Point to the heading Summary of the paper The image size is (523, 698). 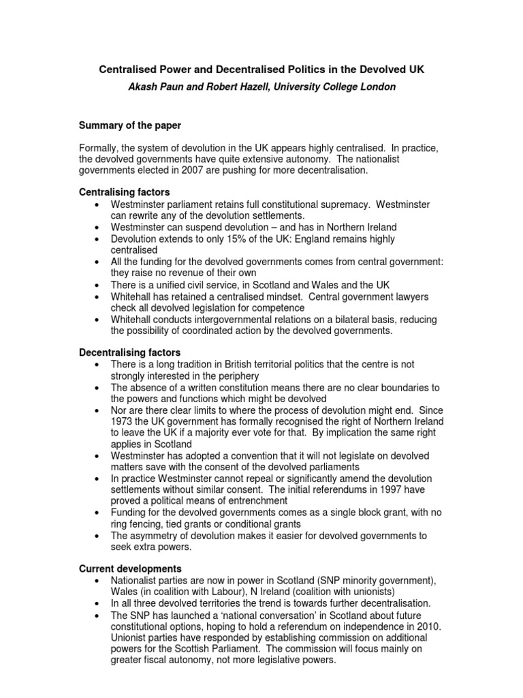tap(129, 125)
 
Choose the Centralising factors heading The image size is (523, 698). tap(125, 193)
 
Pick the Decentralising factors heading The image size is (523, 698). tap(130, 352)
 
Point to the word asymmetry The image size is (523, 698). tap(159, 536)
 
